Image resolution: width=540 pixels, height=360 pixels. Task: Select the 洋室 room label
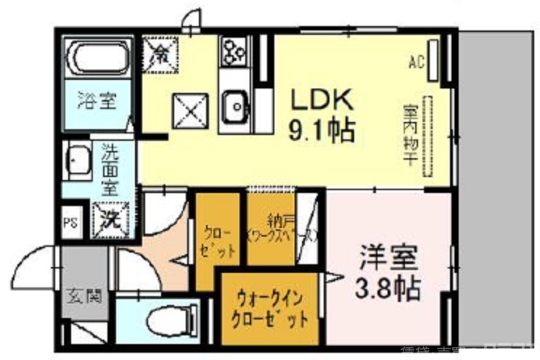coord(388,259)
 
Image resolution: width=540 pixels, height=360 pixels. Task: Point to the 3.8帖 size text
coord(388,289)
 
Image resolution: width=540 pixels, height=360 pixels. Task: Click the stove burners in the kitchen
coord(235,51)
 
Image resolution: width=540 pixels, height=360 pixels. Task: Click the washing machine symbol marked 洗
coord(111,217)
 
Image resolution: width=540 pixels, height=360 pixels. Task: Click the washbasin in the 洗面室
coord(77,160)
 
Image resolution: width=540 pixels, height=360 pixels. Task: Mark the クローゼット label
coord(218,242)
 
